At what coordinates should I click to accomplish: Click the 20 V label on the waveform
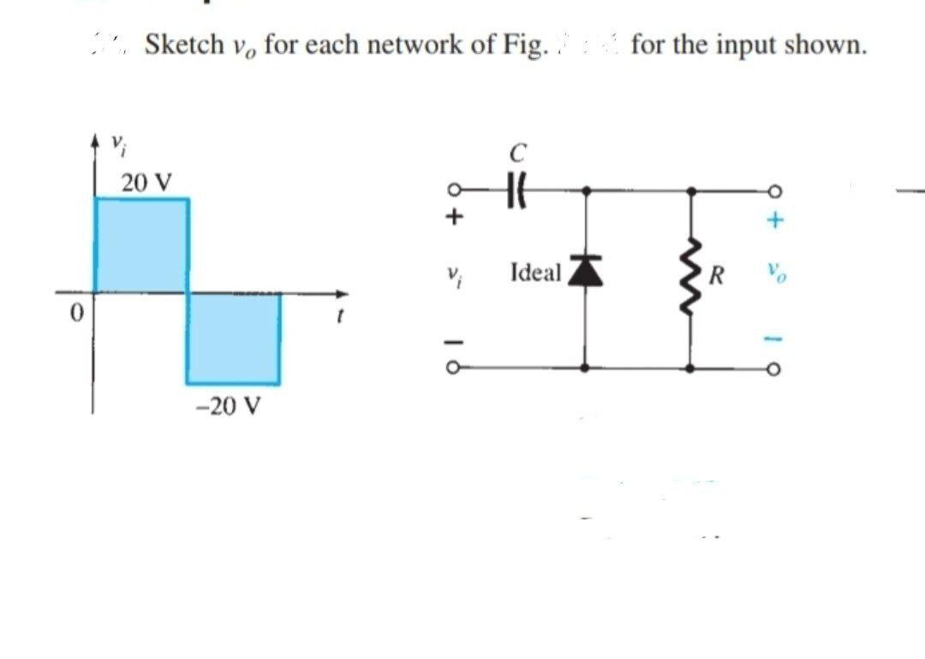[x=146, y=183]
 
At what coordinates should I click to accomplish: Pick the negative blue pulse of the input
[x=233, y=338]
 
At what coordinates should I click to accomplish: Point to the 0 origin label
[x=75, y=315]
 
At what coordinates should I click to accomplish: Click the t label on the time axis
[x=340, y=315]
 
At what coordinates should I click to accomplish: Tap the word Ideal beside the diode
[x=535, y=273]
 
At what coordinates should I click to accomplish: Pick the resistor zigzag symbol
[x=691, y=275]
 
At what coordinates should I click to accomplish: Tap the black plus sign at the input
[x=457, y=219]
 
